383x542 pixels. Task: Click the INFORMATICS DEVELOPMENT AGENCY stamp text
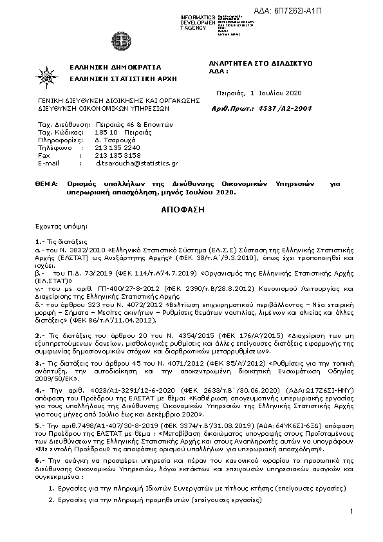(198, 22)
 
